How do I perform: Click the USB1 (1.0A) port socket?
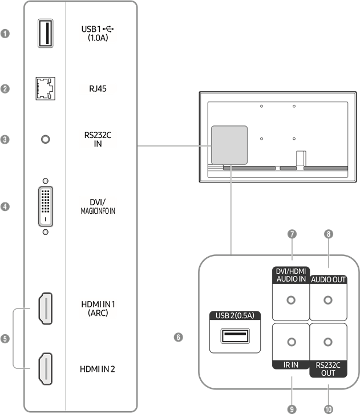pyautogui.click(x=45, y=33)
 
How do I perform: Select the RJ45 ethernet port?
pyautogui.click(x=45, y=88)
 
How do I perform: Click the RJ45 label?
pyautogui.click(x=98, y=88)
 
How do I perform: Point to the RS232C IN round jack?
pyautogui.click(x=45, y=139)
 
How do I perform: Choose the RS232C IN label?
pyautogui.click(x=98, y=139)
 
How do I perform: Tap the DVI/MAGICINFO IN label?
pyautogui.click(x=98, y=206)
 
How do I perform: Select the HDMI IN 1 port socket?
pyautogui.click(x=45, y=308)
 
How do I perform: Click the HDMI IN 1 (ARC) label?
pyautogui.click(x=98, y=308)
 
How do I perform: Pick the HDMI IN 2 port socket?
pyautogui.click(x=45, y=368)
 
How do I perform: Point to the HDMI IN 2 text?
pyautogui.click(x=98, y=369)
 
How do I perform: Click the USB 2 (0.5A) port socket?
pyautogui.click(x=234, y=335)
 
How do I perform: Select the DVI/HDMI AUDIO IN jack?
pyautogui.click(x=292, y=301)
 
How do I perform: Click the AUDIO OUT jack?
pyautogui.click(x=327, y=301)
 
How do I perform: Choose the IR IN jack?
pyautogui.click(x=292, y=342)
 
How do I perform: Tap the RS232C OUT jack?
pyautogui.click(x=327, y=342)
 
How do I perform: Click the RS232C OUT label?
pyautogui.click(x=328, y=368)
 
